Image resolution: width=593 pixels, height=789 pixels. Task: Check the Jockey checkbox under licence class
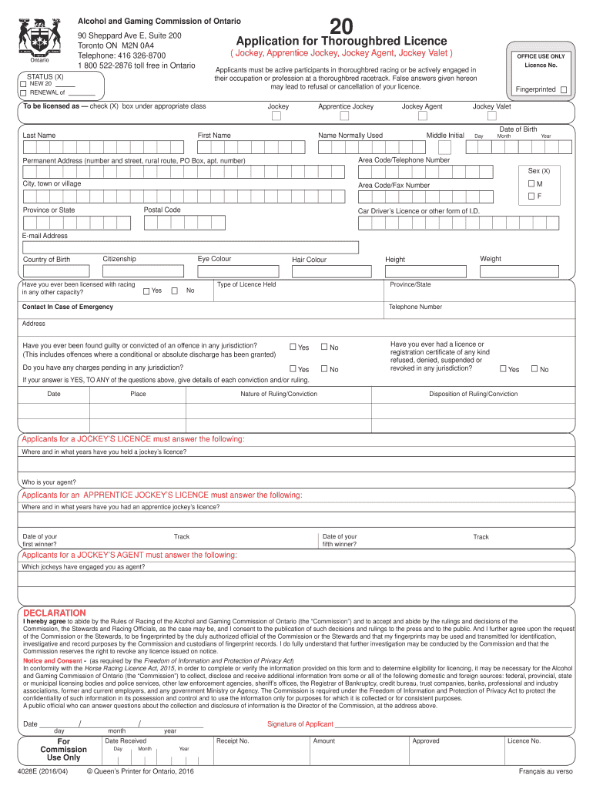(x=276, y=116)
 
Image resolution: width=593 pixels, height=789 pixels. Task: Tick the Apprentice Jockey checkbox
(x=344, y=116)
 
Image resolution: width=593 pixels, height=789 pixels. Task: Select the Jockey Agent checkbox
(x=421, y=116)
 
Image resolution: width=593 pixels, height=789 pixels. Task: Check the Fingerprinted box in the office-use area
(x=564, y=90)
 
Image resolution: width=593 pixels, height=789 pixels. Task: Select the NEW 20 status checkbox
(x=23, y=83)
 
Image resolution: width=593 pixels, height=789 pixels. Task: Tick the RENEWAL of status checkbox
(x=23, y=92)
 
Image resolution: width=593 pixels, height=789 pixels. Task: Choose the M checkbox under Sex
(x=531, y=184)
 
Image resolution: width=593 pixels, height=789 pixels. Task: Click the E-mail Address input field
(x=189, y=247)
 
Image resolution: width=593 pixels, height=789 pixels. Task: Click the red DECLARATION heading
(x=55, y=613)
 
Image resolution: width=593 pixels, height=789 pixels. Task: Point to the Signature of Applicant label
(x=300, y=724)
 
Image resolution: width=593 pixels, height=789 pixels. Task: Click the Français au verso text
(x=545, y=771)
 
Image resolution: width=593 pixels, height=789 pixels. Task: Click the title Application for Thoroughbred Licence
(x=341, y=41)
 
